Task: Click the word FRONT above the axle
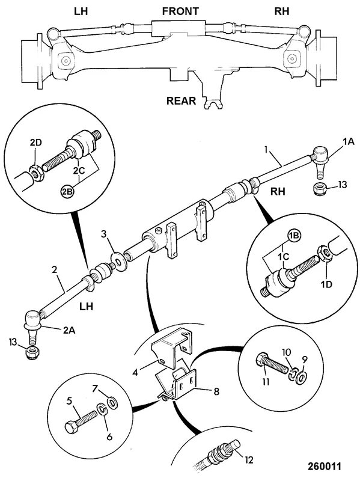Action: pos(180,11)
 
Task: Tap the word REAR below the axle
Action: pos(181,100)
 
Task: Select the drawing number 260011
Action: pos(325,467)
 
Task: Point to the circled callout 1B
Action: pos(294,236)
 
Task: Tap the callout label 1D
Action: pos(326,284)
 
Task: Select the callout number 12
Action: pos(249,460)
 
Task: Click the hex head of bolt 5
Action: pos(71,427)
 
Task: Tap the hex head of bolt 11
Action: pos(261,359)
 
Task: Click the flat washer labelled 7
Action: pos(112,402)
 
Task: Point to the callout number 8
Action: pos(216,392)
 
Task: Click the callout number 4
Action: pos(135,373)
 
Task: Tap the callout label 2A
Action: pos(69,330)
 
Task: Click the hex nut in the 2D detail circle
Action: pos(37,173)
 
